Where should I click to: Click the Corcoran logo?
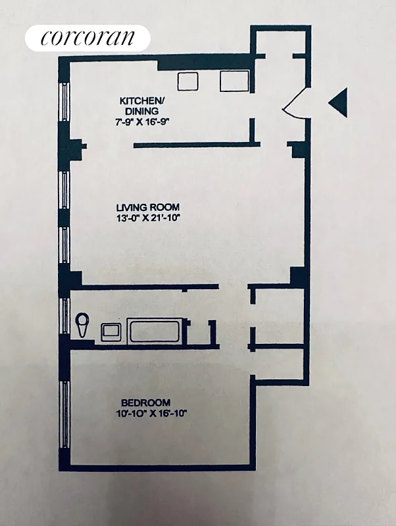pyautogui.click(x=87, y=37)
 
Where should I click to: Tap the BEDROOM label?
pyautogui.click(x=145, y=402)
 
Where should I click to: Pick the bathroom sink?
pyautogui.click(x=110, y=331)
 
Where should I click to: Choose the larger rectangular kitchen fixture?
pyautogui.click(x=234, y=80)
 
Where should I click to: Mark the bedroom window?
pyautogui.click(x=64, y=414)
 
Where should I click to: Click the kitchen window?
pyautogui.click(x=64, y=102)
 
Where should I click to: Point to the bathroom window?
pyautogui.click(x=64, y=316)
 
